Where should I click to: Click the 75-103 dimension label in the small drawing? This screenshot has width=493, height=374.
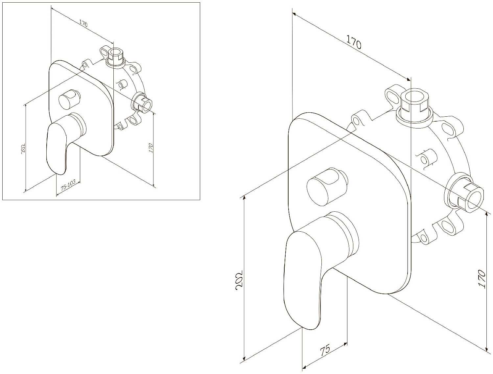[x=68, y=185]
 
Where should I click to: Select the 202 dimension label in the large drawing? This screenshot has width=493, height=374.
[x=240, y=280]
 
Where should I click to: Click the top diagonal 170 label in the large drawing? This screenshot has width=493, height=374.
[x=354, y=42]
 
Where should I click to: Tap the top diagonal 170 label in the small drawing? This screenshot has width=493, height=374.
[x=83, y=23]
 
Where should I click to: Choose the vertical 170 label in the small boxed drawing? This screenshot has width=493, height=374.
[x=151, y=148]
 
